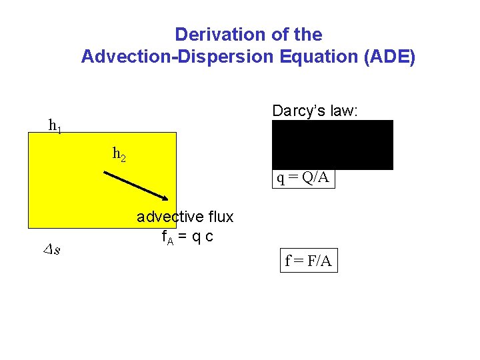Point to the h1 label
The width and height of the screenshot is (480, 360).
[55, 125]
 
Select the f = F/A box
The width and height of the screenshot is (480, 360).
[308, 261]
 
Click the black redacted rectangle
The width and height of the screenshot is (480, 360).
[333, 145]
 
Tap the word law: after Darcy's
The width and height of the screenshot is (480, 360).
[344, 111]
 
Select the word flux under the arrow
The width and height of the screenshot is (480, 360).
[221, 217]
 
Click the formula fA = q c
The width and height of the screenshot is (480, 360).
[187, 236]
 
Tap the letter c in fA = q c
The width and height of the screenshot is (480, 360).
[209, 236]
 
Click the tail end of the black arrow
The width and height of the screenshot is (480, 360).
[104, 173]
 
